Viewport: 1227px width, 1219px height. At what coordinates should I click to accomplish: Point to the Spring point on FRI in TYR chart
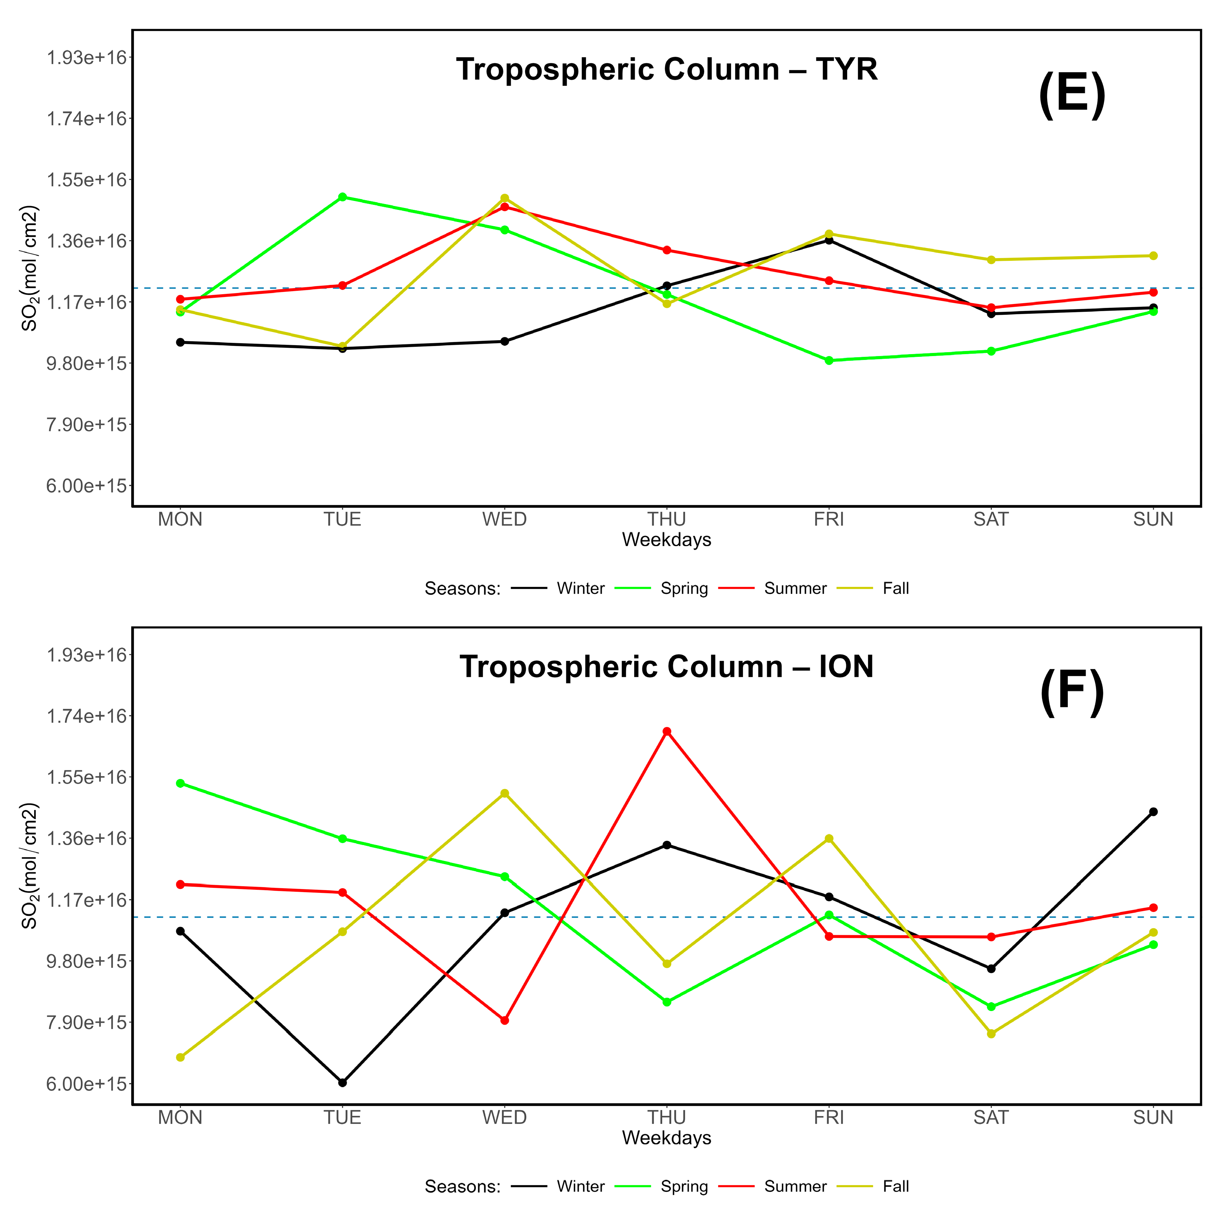click(829, 360)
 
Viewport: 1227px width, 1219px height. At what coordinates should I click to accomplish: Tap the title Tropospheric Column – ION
click(667, 667)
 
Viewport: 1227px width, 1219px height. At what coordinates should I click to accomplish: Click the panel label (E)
click(1072, 95)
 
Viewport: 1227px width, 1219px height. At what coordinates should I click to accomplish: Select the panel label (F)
click(1072, 693)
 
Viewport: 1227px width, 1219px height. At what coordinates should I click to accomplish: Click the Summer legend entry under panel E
click(795, 589)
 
